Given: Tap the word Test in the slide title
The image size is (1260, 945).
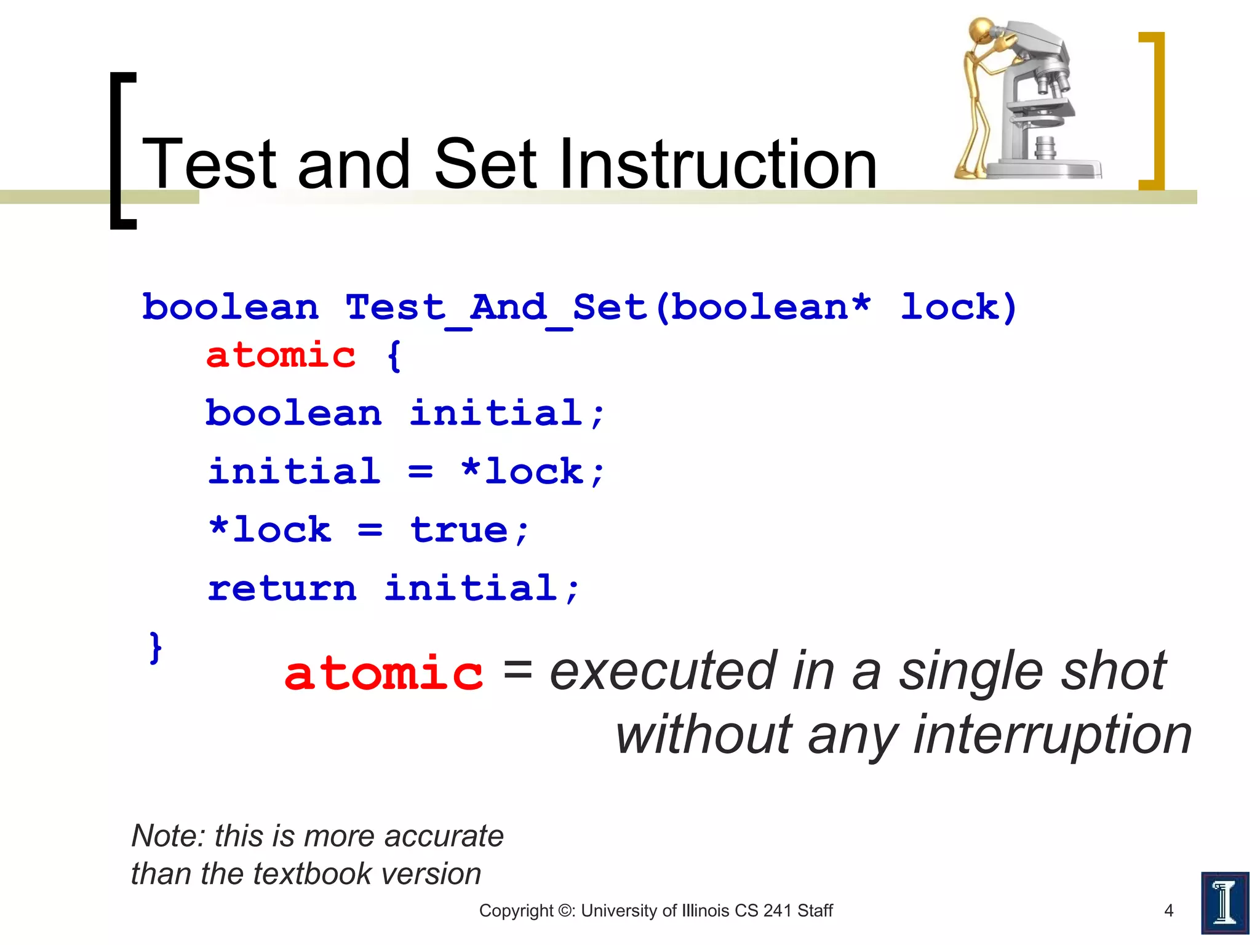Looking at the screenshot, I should click(209, 165).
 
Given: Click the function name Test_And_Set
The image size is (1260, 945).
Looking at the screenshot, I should click(496, 308).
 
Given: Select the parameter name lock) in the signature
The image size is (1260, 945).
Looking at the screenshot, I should click(959, 308).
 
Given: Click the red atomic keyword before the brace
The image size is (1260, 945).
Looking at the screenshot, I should click(281, 356).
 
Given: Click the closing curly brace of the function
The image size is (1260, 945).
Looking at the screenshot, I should click(156, 647).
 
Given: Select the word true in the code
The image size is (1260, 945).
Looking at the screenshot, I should click(459, 530).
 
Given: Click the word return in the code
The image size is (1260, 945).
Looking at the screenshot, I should click(282, 589).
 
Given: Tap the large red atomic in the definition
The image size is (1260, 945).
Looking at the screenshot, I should click(383, 674).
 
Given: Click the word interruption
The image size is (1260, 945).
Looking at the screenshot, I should click(1052, 735).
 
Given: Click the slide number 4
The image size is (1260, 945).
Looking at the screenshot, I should click(1169, 911).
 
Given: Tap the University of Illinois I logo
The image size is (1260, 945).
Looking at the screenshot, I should click(1224, 903).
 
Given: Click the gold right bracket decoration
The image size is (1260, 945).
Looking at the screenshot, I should click(1154, 111).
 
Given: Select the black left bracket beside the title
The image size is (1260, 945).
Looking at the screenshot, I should click(121, 151).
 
